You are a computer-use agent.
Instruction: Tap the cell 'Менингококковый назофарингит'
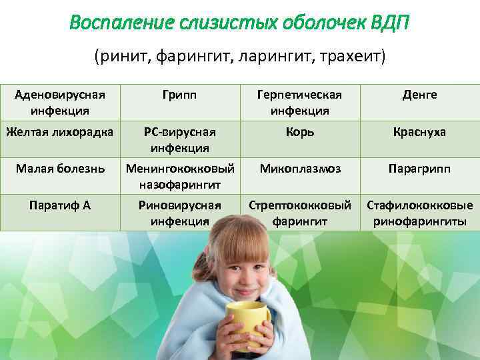(179, 175)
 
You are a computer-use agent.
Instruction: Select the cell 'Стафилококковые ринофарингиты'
(419, 213)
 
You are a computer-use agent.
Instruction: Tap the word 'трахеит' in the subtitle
(354, 56)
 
